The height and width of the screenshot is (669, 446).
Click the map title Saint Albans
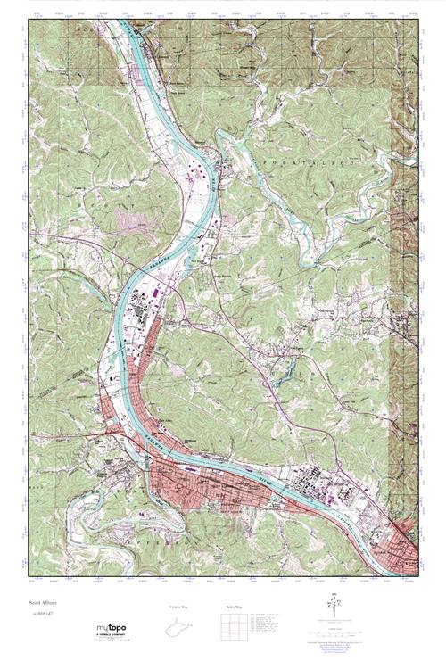(x=42, y=604)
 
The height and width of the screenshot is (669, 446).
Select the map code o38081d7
(x=41, y=615)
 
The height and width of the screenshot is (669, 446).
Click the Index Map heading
(x=235, y=607)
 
